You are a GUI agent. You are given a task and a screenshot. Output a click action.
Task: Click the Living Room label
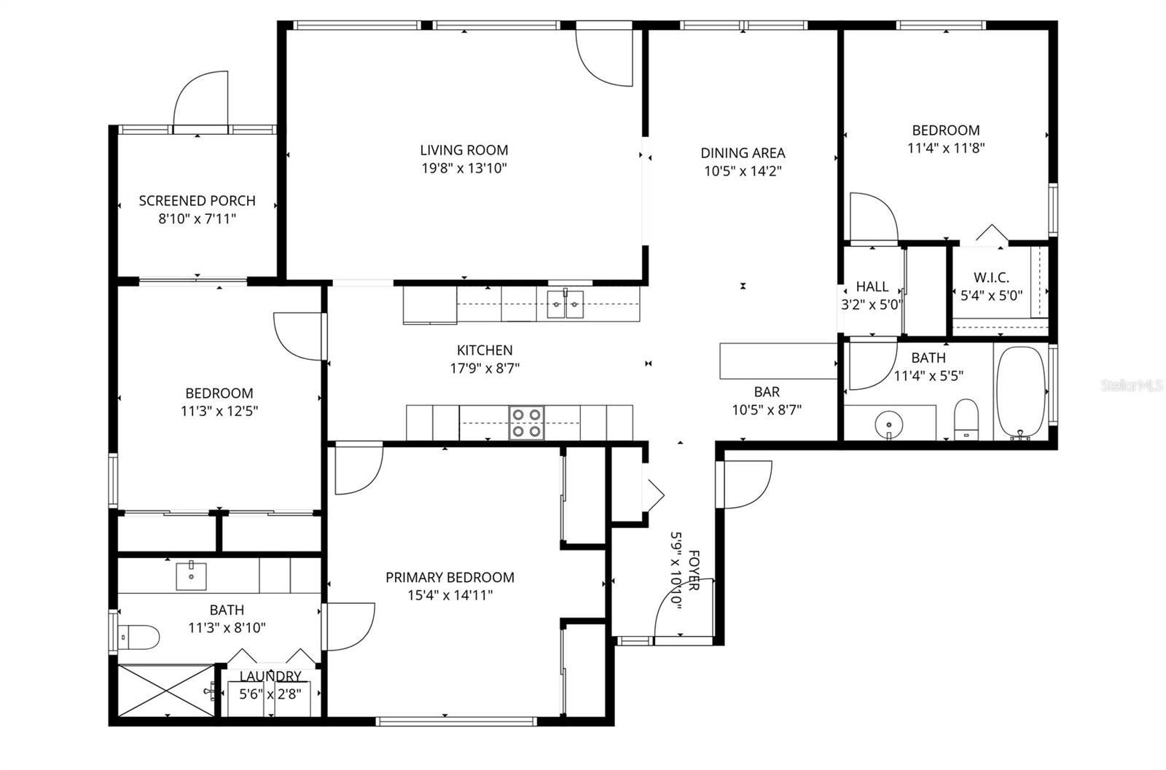pos(463,150)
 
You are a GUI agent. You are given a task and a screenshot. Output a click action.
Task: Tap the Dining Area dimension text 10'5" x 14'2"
pos(743,170)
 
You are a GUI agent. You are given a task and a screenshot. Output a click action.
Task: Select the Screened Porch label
pos(197,200)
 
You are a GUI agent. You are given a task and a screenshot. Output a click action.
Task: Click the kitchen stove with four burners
pos(527,423)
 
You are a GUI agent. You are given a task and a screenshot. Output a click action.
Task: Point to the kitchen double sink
pos(566,305)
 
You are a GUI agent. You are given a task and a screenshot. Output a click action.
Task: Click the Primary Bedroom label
pos(450,577)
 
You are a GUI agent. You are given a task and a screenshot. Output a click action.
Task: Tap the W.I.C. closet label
pos(991,278)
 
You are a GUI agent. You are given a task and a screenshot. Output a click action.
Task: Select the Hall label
pos(872,286)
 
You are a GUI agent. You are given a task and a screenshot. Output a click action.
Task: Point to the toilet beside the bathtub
pos(966,420)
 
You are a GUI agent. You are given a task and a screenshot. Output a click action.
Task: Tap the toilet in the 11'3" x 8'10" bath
pos(138,637)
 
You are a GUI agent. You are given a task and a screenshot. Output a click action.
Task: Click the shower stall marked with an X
pos(166,691)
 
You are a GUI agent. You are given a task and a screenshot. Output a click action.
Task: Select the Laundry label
pos(270,676)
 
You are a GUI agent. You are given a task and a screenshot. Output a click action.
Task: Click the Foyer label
pos(694,570)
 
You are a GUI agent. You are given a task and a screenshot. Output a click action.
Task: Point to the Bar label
pos(767,391)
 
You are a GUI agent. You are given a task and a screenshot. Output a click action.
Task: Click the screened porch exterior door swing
pos(200,98)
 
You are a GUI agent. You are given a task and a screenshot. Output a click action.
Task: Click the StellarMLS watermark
pos(1132,385)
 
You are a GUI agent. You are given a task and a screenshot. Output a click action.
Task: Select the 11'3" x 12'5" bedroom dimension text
pos(219,411)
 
